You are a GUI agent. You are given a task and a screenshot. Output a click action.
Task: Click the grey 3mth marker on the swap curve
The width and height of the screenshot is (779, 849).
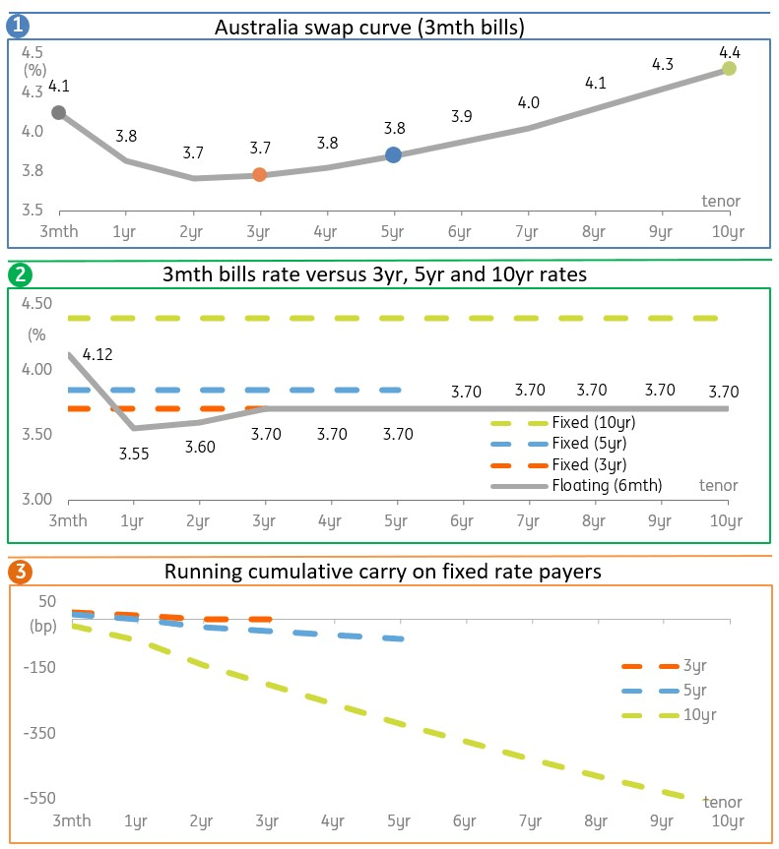(59, 113)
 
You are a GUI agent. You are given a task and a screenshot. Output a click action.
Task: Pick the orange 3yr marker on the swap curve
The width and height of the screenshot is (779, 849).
(259, 174)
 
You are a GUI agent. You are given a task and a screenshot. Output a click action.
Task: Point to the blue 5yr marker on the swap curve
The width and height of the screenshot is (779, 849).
(393, 154)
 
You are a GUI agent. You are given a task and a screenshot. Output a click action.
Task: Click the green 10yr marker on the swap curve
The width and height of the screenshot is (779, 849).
(729, 68)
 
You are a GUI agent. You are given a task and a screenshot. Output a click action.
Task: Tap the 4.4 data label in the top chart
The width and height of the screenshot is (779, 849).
(729, 50)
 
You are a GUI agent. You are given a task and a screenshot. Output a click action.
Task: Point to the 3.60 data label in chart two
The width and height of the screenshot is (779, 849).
(199, 447)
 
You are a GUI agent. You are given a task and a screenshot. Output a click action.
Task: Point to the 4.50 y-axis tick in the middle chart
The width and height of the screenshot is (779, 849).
(37, 304)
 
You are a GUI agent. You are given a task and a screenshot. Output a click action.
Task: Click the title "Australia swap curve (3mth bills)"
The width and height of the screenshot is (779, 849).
(368, 28)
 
